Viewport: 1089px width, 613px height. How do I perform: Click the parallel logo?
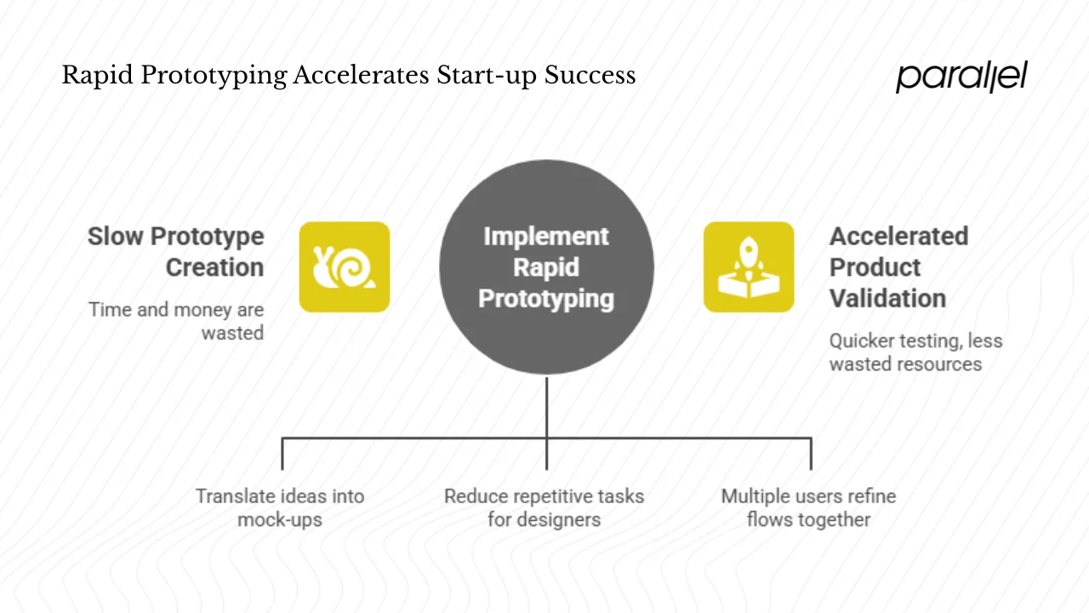961,77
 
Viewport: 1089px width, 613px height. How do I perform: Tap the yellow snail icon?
345,266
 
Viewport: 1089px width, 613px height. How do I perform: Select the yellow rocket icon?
749,266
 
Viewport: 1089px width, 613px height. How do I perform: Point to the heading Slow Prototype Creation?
176,251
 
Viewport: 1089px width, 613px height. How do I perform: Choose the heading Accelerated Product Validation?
898,266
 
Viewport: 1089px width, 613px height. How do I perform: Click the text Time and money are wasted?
177,321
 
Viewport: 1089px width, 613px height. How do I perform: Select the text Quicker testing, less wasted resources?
915,352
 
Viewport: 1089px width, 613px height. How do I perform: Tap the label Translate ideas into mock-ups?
280,507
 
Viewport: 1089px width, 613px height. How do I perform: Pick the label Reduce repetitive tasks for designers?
544,507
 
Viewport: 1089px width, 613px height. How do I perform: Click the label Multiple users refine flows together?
808,507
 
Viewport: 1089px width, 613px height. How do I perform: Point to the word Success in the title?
590,76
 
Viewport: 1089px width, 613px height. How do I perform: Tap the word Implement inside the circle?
546,236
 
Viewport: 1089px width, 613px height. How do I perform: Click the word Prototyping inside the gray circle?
546,299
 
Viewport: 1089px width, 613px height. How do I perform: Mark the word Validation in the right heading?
887,298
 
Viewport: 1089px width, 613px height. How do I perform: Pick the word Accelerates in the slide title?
361,76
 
